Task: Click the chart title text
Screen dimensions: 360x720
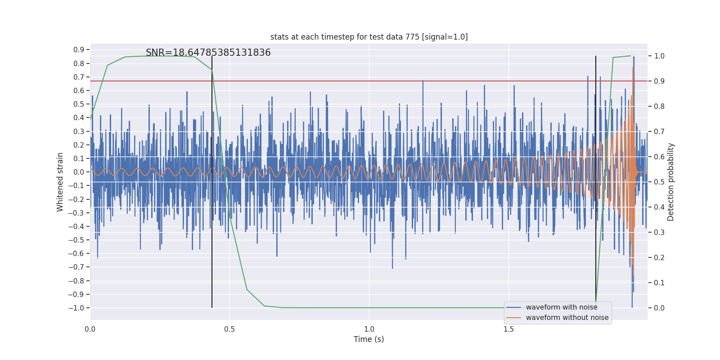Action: click(369, 37)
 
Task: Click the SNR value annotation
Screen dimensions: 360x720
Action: click(208, 53)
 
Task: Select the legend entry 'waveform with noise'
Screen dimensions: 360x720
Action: click(561, 307)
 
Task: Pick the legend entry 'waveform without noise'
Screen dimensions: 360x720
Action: click(567, 318)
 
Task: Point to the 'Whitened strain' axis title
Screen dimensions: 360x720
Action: click(60, 182)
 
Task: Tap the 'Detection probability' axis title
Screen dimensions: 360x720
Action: click(671, 182)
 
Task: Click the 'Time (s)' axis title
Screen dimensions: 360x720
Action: click(369, 339)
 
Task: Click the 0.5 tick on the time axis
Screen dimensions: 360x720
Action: click(229, 329)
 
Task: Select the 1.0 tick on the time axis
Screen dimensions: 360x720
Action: click(369, 329)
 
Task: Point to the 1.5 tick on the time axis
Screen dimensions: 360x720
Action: click(508, 329)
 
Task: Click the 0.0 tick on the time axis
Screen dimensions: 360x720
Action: click(90, 329)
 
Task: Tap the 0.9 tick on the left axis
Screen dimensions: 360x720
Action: click(79, 49)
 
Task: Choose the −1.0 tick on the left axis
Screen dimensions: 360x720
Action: click(76, 308)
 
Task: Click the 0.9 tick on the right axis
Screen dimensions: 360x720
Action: click(659, 81)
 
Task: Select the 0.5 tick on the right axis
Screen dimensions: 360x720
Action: click(659, 182)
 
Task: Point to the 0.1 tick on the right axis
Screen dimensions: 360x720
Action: click(659, 283)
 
